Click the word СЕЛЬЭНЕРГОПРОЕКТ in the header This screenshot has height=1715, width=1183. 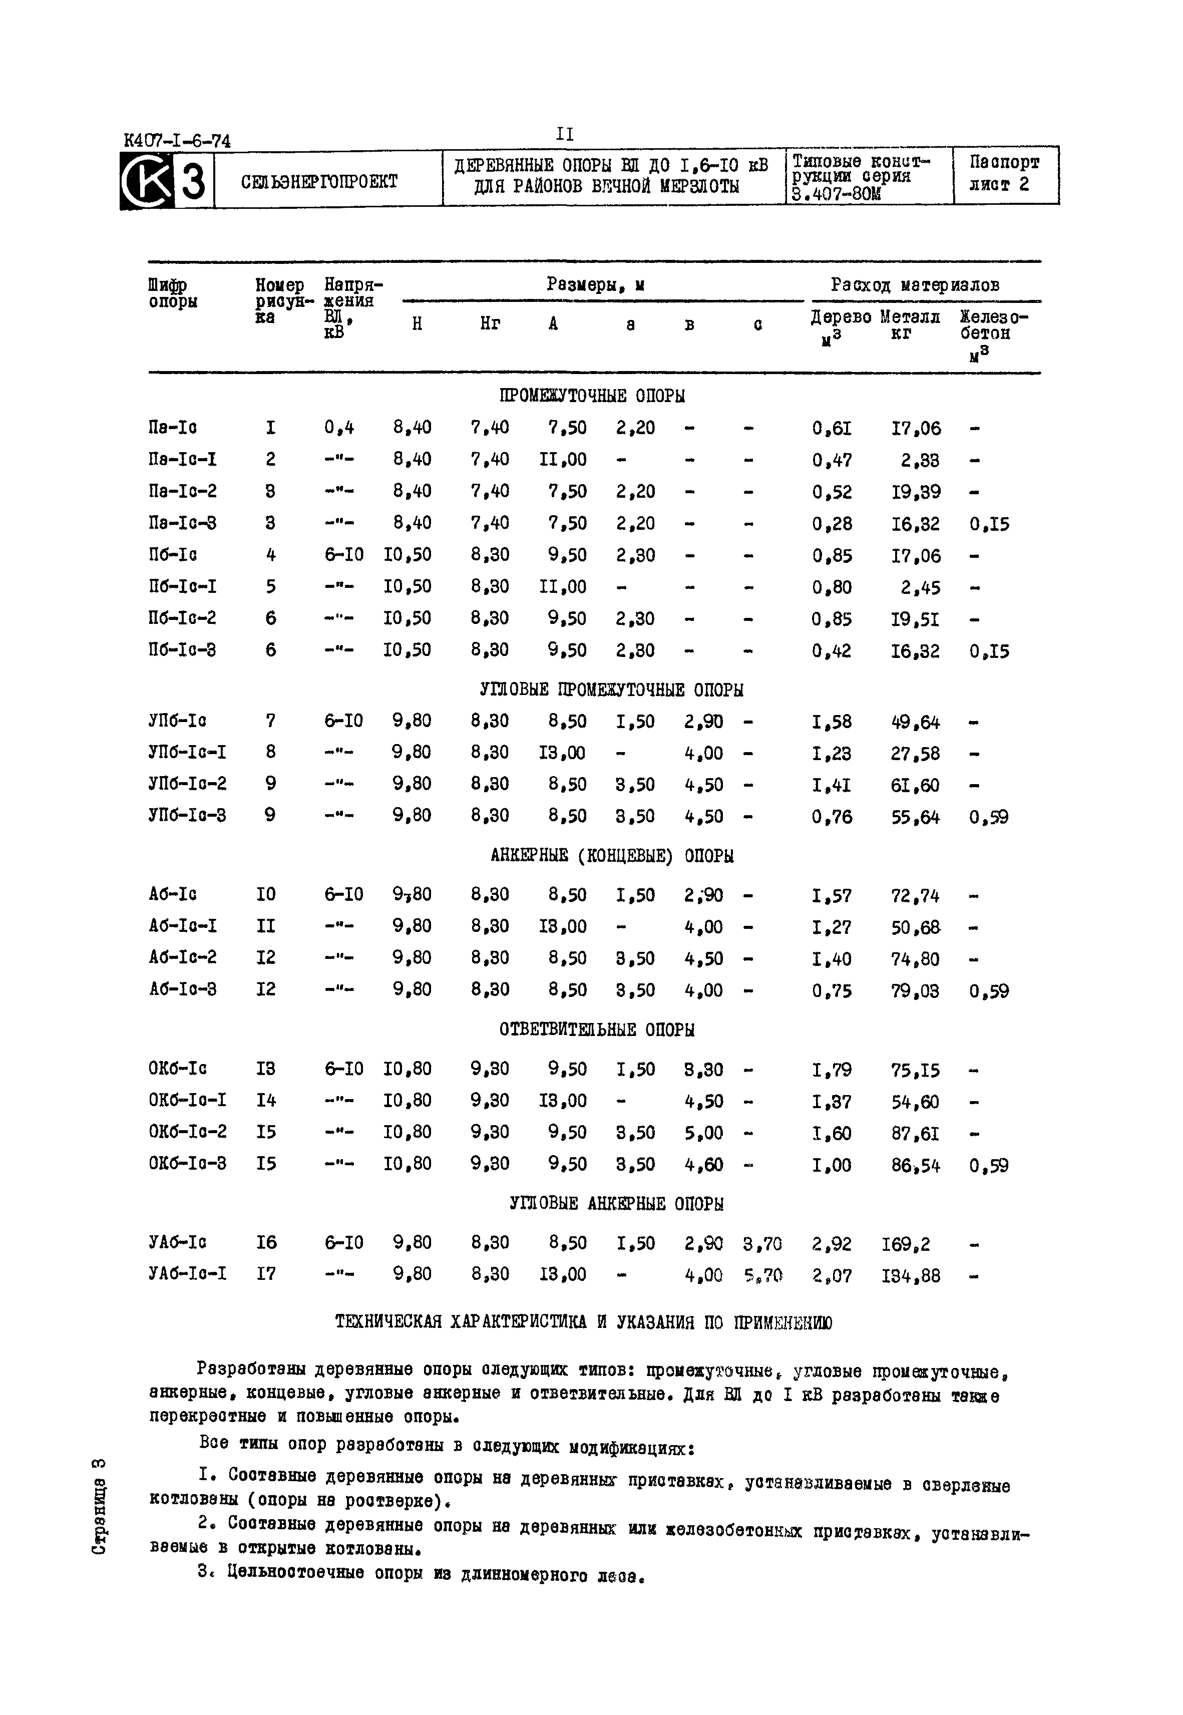(x=319, y=181)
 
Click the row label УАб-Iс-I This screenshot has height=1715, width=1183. (x=188, y=1273)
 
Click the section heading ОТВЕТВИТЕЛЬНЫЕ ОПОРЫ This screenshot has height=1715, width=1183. (x=597, y=1030)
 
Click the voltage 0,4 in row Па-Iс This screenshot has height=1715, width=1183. (x=339, y=428)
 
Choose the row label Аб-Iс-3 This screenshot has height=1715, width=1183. (x=182, y=989)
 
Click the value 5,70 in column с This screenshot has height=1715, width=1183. (x=763, y=1275)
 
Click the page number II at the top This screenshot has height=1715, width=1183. (x=565, y=134)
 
